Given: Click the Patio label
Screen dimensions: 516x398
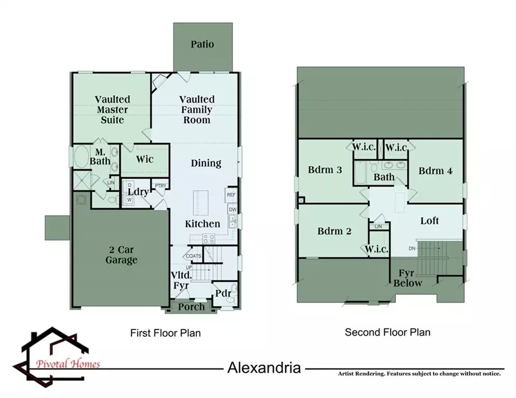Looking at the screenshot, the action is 202,44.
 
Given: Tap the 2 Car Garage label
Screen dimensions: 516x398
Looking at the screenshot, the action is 121,254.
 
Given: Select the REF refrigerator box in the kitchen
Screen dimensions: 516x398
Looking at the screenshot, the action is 231,195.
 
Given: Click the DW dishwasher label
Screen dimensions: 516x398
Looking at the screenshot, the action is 233,209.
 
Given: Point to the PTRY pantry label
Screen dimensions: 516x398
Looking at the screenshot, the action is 161,186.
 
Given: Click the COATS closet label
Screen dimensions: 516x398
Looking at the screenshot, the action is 193,256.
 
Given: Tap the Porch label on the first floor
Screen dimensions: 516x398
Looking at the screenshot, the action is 191,307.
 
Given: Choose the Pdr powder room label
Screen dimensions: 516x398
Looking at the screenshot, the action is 223,293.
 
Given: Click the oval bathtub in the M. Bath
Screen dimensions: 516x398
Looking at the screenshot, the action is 81,157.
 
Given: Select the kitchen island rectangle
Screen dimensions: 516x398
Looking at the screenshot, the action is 201,203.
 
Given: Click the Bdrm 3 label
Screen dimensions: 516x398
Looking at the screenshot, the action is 325,170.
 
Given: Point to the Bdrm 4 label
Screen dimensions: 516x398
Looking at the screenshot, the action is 436,170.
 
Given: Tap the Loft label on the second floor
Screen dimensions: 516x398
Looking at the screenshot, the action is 429,220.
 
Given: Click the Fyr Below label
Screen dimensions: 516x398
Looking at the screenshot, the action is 408,278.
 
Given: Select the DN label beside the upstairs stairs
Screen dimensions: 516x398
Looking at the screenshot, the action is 412,248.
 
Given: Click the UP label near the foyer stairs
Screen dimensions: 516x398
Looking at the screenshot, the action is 189,267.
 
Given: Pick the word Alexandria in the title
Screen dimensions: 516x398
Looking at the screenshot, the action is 264,367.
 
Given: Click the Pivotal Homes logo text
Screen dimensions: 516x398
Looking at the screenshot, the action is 68,364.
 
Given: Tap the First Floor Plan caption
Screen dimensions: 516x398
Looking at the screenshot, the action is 165,333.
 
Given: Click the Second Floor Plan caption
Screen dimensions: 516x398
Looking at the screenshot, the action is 388,332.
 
